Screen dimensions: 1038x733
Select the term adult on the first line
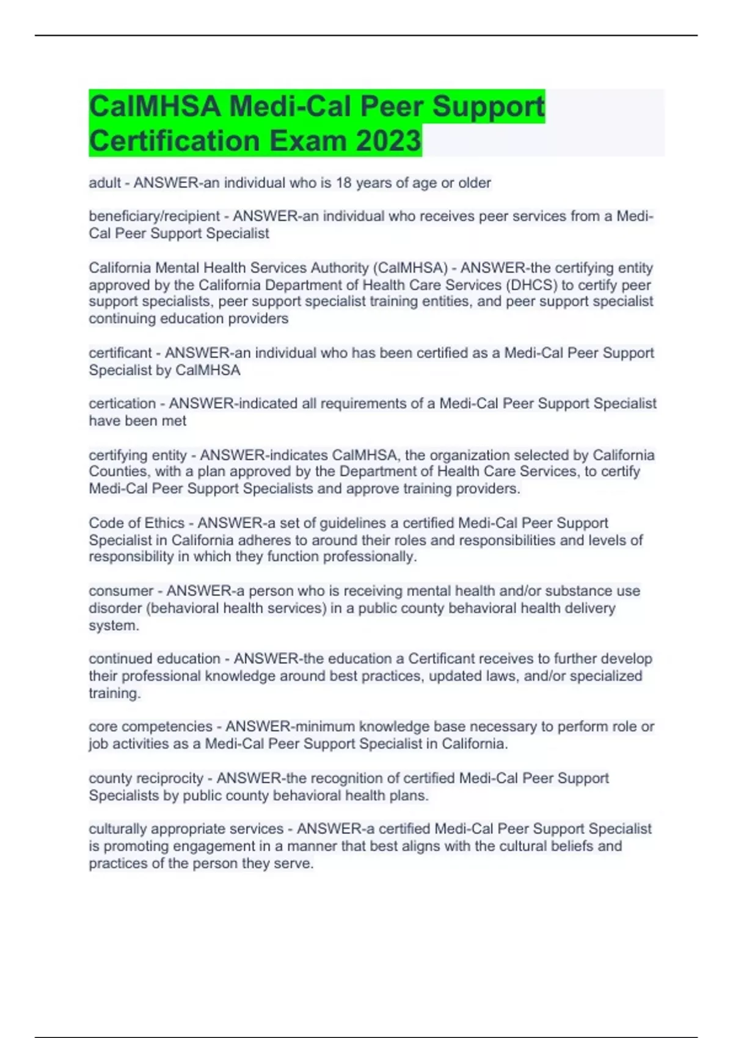tap(104, 183)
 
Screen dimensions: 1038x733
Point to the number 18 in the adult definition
tap(344, 183)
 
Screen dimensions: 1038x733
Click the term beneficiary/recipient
tap(154, 216)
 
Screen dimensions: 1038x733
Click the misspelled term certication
tap(122, 404)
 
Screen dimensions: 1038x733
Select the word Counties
tap(118, 471)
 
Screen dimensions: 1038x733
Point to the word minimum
tap(324, 727)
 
